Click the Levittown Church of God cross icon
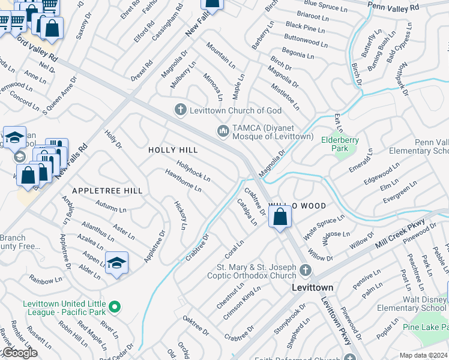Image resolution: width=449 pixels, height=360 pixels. pyautogui.click(x=179, y=110)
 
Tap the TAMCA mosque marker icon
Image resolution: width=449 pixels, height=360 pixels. pyautogui.click(x=223, y=131)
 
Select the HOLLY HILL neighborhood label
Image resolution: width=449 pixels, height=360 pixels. pyautogui.click(x=173, y=150)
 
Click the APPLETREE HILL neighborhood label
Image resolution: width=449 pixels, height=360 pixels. pyautogui.click(x=107, y=191)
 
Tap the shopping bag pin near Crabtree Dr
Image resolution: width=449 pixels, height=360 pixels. pyautogui.click(x=280, y=217)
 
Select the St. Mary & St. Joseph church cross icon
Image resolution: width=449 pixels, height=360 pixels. pyautogui.click(x=306, y=271)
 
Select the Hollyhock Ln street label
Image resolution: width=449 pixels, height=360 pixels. pyautogui.click(x=193, y=171)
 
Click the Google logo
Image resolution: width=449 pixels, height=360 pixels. pyautogui.click(x=19, y=353)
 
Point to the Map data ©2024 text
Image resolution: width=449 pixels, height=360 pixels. pyautogui.click(x=423, y=355)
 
